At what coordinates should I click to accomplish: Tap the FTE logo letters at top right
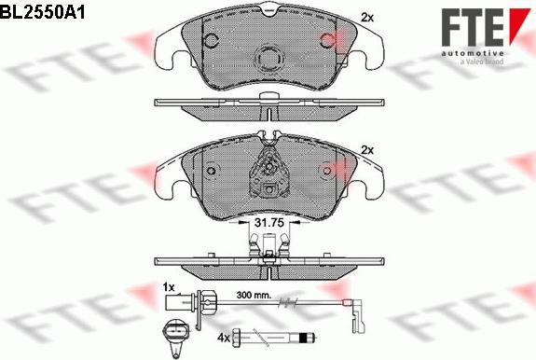pyautogui.click(x=472, y=27)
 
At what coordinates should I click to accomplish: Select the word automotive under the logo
pyautogui.click(x=473, y=53)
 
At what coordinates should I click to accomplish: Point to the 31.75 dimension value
pyautogui.click(x=269, y=223)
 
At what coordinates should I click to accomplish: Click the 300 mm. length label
pyautogui.click(x=254, y=295)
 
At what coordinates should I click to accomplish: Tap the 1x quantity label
pyautogui.click(x=169, y=287)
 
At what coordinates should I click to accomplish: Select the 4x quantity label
pyautogui.click(x=223, y=338)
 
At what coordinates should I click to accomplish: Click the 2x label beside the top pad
pyautogui.click(x=367, y=18)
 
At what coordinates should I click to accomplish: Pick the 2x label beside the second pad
pyautogui.click(x=367, y=150)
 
